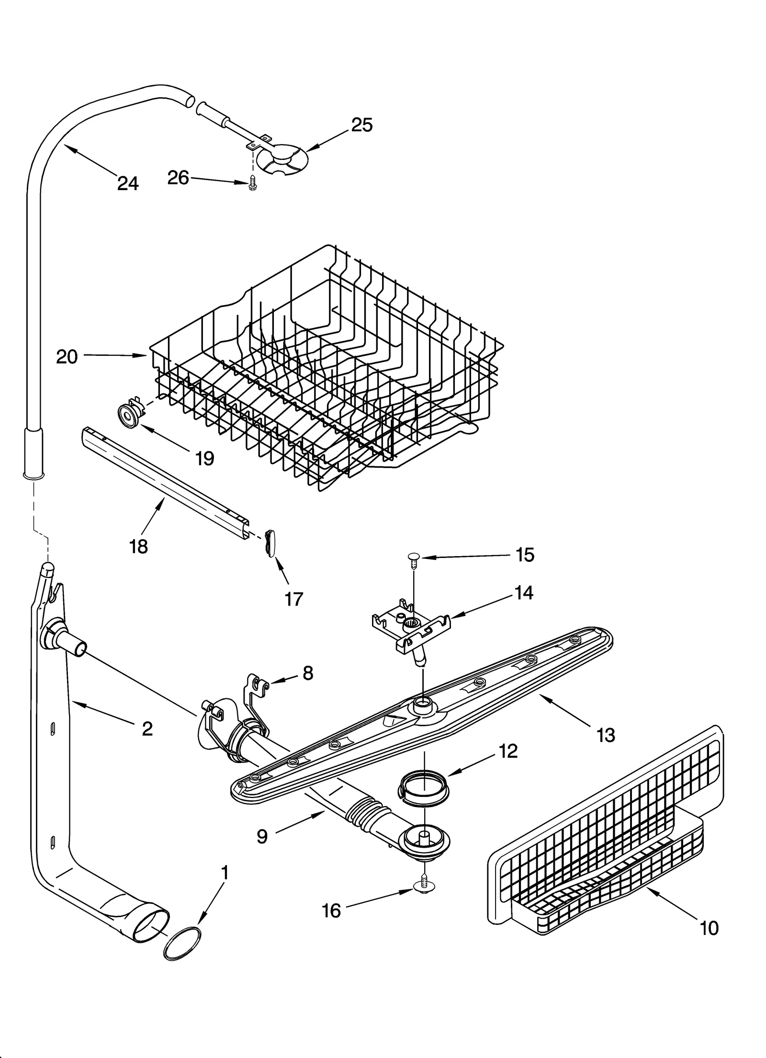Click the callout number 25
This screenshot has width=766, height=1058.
[361, 125]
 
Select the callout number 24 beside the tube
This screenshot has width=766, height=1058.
[128, 183]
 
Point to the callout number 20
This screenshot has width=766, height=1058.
[67, 356]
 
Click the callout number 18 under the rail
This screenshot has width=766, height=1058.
[138, 546]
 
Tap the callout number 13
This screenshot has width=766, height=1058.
[606, 734]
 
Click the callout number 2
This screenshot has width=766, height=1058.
[147, 728]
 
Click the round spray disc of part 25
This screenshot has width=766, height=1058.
[282, 159]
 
